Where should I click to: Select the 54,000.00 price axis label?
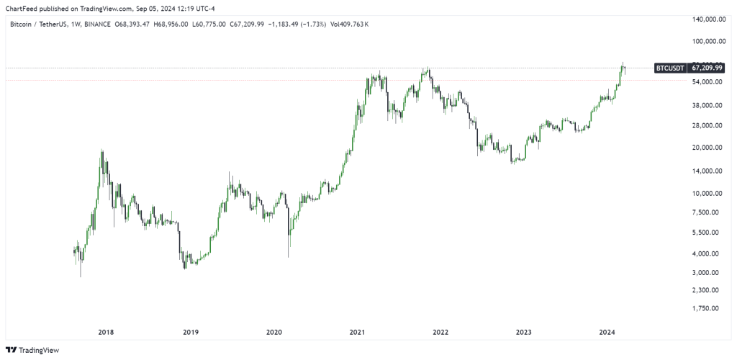click(707, 82)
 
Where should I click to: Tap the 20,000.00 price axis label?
click(707, 148)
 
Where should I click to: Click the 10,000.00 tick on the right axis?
click(707, 193)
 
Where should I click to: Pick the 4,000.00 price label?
click(708, 253)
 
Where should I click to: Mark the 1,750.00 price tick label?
click(708, 308)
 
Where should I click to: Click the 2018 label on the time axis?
click(106, 333)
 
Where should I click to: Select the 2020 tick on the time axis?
click(273, 333)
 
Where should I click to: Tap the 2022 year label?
click(440, 333)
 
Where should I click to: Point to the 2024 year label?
click(607, 333)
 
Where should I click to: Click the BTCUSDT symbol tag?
click(669, 68)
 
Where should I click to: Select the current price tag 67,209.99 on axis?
click(706, 68)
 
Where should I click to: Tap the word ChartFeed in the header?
click(22, 9)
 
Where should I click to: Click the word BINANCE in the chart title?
click(97, 24)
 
